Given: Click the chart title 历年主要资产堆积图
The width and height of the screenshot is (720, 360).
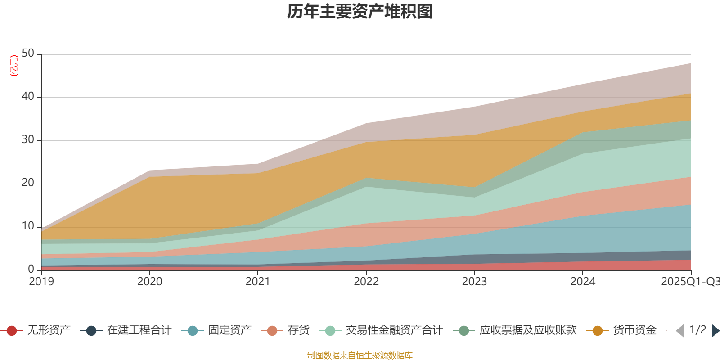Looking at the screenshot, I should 360,12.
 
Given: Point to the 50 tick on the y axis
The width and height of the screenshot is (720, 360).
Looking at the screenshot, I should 28,54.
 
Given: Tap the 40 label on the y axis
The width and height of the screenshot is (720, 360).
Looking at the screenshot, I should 28,97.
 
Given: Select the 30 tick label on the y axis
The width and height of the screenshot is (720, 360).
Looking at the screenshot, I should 28,140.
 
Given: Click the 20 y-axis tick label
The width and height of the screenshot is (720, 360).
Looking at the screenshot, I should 28,183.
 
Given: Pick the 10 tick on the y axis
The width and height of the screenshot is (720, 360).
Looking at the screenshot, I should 28,226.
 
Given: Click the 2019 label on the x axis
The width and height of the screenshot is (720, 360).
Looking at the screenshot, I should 41,282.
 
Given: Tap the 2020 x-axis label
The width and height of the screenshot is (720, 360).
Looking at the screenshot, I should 150,282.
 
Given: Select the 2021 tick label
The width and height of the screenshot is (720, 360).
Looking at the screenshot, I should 258,282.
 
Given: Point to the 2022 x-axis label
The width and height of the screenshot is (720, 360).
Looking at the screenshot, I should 366,282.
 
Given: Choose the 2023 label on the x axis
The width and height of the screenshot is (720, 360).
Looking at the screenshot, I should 474,282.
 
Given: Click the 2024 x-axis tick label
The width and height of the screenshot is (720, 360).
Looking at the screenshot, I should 583,282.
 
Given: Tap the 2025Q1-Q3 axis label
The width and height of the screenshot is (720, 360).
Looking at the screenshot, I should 689,282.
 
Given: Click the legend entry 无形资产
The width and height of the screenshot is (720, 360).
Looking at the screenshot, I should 49,331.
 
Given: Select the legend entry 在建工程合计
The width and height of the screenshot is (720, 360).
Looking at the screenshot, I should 139,331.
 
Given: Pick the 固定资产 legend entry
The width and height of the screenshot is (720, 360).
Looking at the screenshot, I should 229,331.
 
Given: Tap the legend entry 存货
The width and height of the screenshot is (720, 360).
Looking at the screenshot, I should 298,331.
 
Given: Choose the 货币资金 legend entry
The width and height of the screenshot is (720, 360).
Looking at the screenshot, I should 634,331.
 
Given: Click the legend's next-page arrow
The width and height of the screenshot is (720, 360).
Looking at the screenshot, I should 715,331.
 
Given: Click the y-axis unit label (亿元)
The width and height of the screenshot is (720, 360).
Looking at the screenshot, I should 14,66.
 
